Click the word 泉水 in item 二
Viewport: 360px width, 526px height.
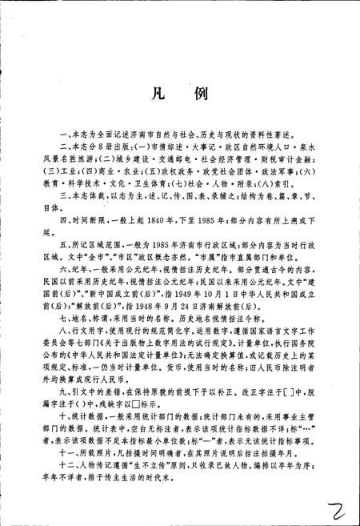tap(305, 152)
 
